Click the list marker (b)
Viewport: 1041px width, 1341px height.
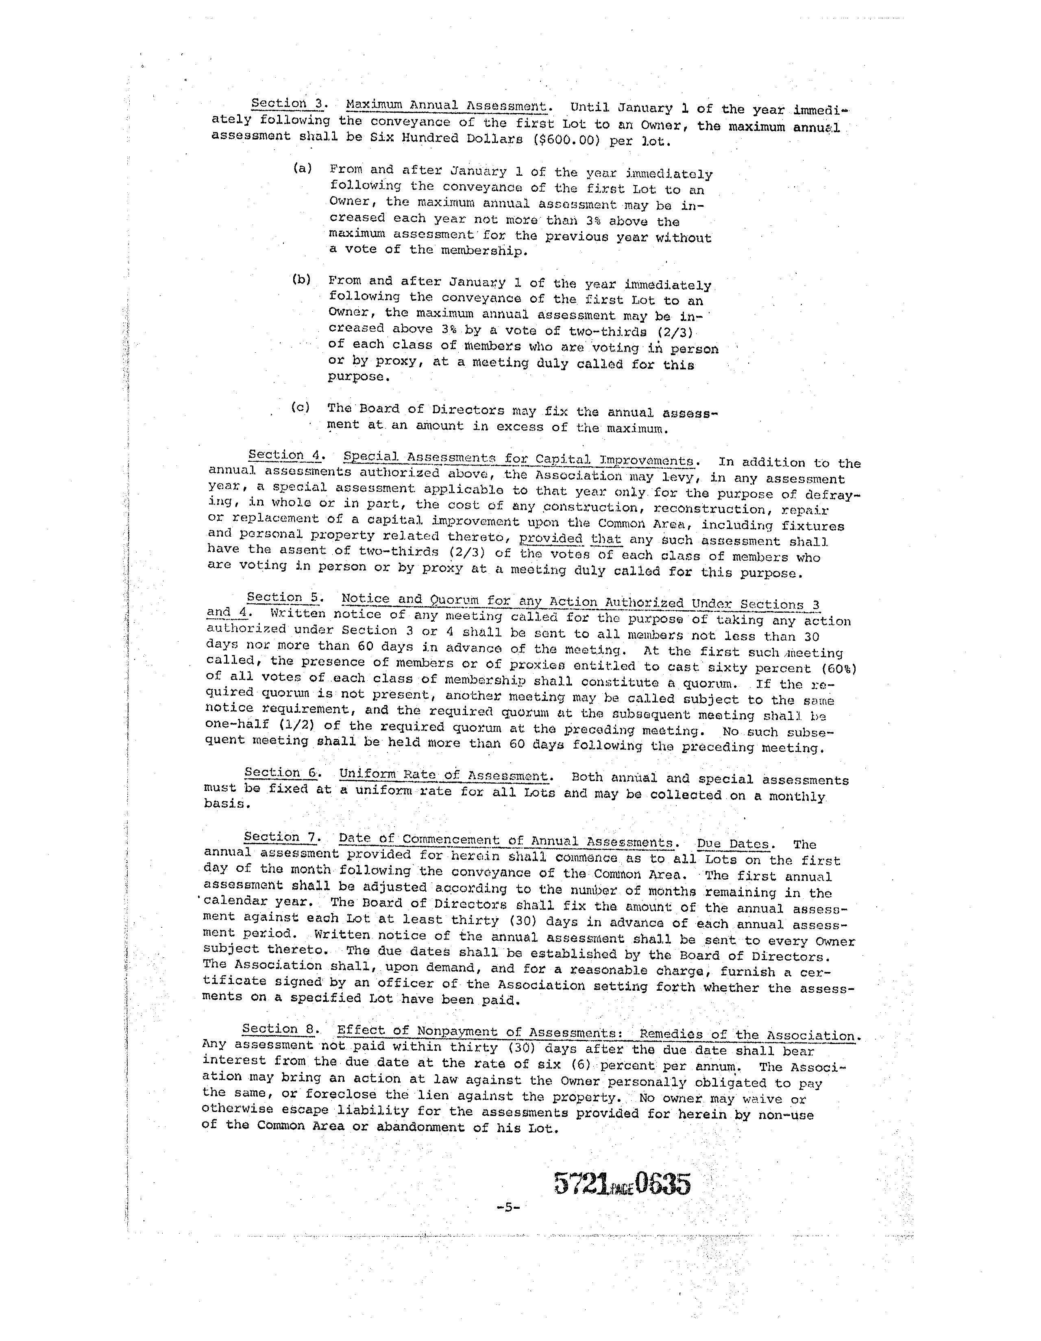pos(301,280)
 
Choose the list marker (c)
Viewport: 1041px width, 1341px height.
pos(300,408)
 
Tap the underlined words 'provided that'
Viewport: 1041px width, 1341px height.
pos(570,539)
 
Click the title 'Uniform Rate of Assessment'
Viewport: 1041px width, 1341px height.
pos(443,775)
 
